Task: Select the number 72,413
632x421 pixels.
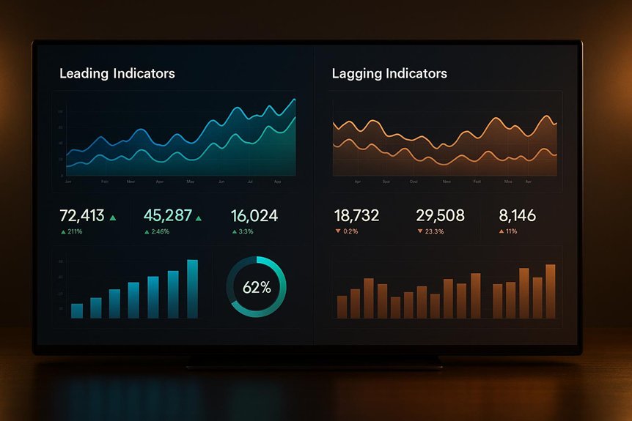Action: point(81,215)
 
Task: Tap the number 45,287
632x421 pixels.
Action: point(167,215)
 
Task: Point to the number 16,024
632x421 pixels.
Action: point(254,215)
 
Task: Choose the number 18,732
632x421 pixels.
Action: point(356,215)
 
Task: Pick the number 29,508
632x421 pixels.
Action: point(440,215)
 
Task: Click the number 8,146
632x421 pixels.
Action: point(517,215)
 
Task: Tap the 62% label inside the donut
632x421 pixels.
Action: point(256,288)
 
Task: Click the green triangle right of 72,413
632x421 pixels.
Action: point(112,217)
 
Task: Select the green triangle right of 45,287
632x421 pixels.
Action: point(198,217)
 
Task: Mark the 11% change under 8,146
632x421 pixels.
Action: point(511,231)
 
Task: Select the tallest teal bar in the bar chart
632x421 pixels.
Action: point(192,288)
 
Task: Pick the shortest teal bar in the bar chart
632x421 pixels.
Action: point(77,310)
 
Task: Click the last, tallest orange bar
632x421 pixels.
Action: point(550,291)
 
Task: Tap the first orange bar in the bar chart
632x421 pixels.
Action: point(342,307)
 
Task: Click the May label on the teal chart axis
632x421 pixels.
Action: point(191,181)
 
